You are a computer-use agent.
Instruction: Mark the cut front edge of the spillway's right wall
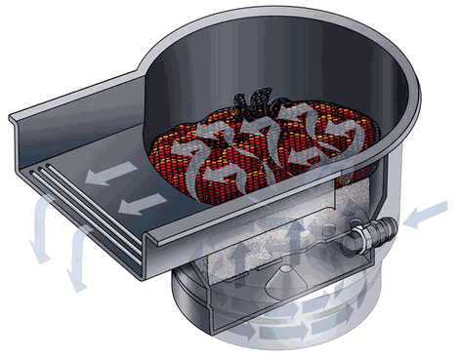tap(151, 244)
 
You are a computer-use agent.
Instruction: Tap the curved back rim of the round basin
tap(293, 24)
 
